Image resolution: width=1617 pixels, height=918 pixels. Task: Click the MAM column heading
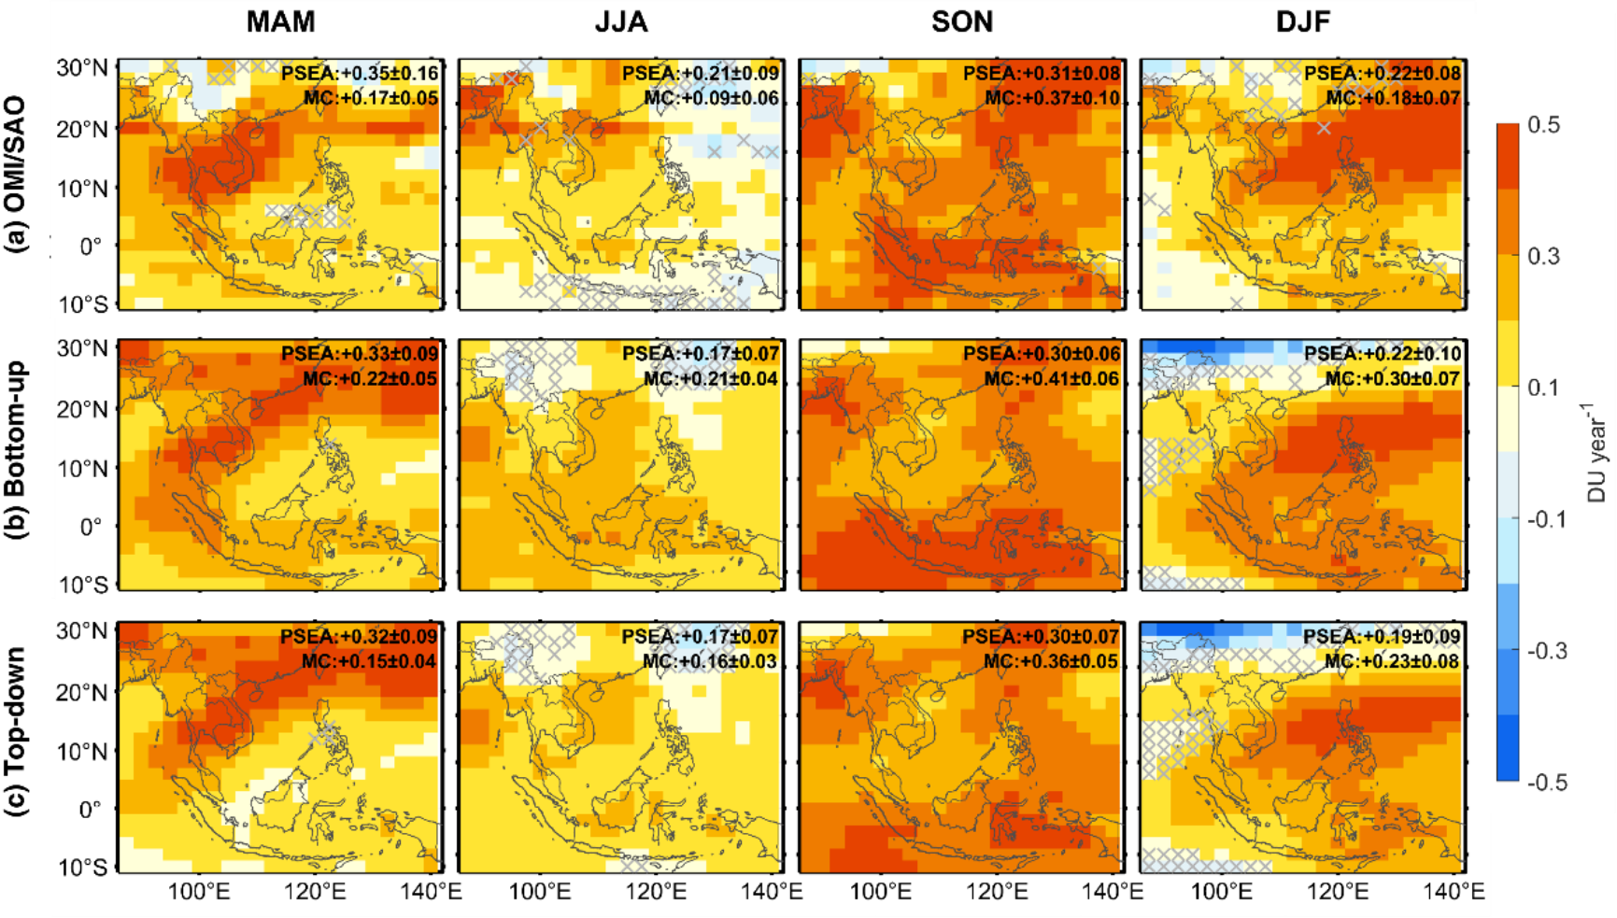click(280, 22)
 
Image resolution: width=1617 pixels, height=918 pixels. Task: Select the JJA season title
click(621, 22)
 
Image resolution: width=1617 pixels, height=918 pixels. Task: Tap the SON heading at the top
click(962, 22)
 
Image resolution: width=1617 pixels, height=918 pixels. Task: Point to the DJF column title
click(1303, 22)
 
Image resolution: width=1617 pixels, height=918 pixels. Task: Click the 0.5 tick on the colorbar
click(1543, 125)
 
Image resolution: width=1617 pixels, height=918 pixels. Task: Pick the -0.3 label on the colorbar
click(1547, 651)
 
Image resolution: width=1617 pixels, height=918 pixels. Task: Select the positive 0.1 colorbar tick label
click(1543, 388)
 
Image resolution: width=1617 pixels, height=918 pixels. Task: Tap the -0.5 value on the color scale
click(1547, 783)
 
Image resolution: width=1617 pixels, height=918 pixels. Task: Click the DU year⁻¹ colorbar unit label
click(1596, 453)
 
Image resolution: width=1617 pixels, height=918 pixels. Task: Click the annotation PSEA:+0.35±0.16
click(360, 74)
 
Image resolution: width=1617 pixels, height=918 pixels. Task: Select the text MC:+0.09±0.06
click(711, 98)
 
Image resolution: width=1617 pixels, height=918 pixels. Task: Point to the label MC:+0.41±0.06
click(1052, 378)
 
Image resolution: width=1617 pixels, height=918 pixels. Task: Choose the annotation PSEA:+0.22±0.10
click(1383, 354)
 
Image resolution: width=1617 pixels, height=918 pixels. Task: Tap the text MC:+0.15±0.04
click(369, 661)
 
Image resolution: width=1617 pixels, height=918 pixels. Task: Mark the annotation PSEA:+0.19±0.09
click(1382, 637)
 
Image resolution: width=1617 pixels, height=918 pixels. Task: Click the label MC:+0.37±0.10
click(1052, 98)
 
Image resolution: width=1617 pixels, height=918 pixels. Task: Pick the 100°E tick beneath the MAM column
click(198, 892)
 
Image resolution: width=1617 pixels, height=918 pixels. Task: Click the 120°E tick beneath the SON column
click(997, 892)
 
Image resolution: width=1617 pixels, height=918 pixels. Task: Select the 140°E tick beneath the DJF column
click(1454, 892)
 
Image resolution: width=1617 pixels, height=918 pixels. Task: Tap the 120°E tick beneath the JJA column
click(656, 892)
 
